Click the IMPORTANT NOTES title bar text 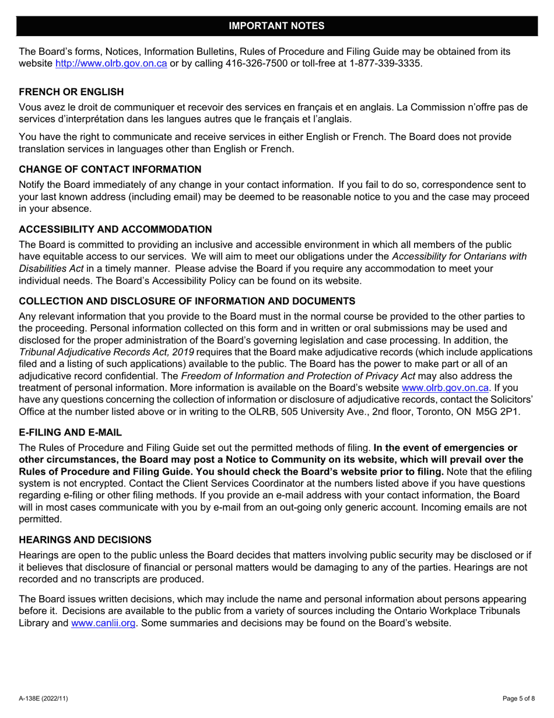276,26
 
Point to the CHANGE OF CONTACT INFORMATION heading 110,169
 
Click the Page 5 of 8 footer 518,699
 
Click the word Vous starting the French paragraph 30,107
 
